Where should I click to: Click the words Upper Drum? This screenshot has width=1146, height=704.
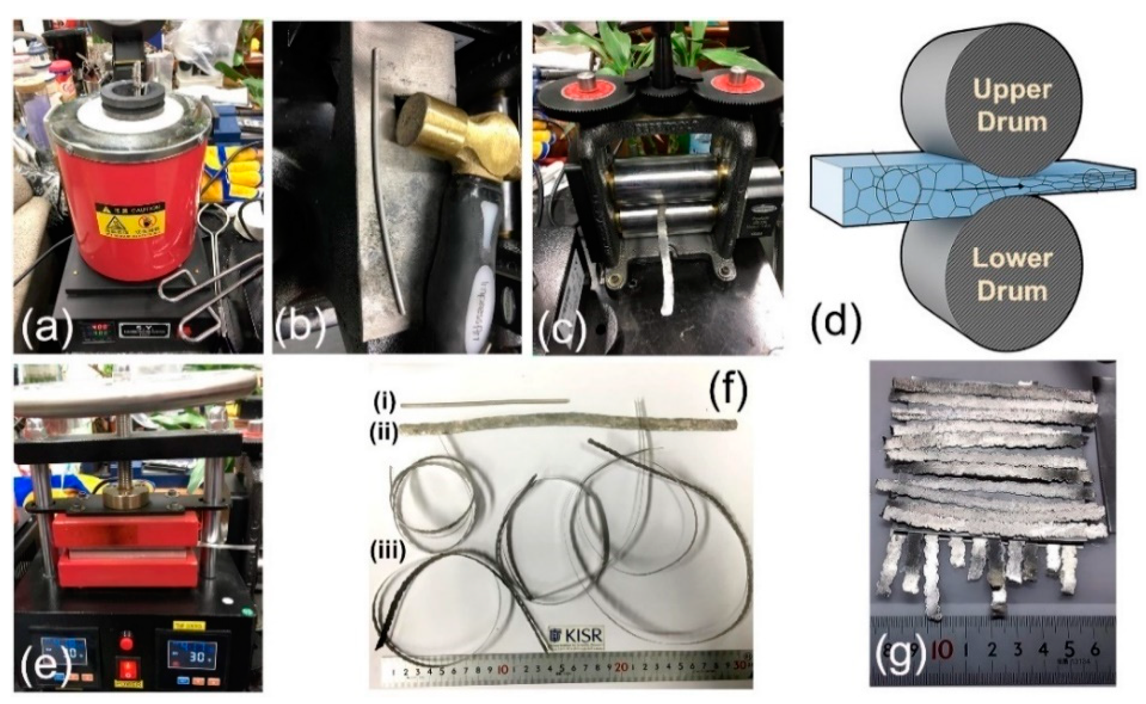(x=1011, y=105)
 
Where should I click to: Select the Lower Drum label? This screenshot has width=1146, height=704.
(x=1011, y=275)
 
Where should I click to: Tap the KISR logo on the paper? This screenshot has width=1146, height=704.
(x=576, y=635)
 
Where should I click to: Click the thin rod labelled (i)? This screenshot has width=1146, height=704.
(x=484, y=402)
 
